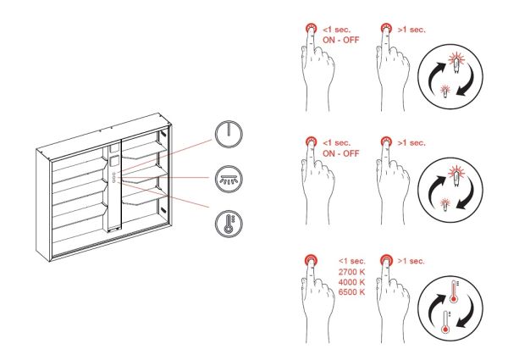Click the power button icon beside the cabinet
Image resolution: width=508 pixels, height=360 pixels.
tap(229, 134)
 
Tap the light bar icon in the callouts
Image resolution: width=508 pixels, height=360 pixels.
tap(229, 179)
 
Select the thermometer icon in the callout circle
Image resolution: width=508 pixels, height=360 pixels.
tap(229, 224)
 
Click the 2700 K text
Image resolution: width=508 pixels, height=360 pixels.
tap(352, 272)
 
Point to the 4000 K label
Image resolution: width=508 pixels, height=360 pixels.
tap(352, 282)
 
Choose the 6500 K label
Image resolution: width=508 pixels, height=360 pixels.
tap(352, 292)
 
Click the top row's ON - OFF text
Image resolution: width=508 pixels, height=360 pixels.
tap(341, 40)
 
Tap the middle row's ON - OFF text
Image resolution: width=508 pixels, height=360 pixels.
tap(341, 153)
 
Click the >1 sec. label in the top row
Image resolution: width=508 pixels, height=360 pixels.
tap(411, 30)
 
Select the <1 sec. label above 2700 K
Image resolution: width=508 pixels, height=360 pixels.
tap(352, 261)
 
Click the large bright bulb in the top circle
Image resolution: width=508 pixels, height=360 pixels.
tap(456, 62)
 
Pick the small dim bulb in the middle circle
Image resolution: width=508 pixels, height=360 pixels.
tap(445, 204)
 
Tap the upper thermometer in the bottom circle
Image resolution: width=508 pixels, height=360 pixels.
tap(454, 291)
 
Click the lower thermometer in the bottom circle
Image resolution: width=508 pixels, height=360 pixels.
tap(446, 322)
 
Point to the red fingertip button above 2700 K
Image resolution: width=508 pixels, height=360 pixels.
tap(311, 260)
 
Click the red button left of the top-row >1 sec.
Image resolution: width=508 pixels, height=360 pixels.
tap(386, 29)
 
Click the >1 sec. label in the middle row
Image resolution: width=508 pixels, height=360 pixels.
tap(411, 143)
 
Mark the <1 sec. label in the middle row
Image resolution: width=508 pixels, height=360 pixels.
tap(337, 143)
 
